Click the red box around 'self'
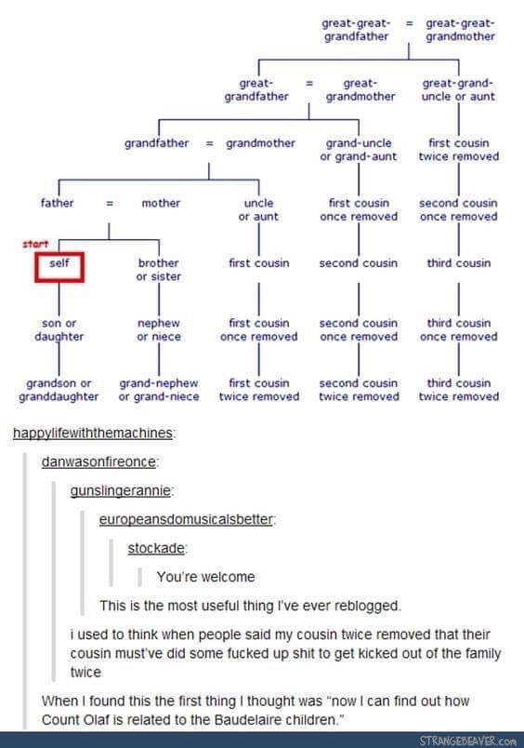[35, 267]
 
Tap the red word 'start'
[35, 244]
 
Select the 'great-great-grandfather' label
[356, 30]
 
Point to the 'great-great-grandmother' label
[460, 30]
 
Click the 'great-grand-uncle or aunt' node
[458, 89]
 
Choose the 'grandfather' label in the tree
[157, 143]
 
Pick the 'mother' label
[161, 203]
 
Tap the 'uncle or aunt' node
[258, 210]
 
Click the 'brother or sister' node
[159, 270]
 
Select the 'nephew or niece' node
[159, 329]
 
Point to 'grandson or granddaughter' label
[59, 390]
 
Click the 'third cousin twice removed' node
[459, 390]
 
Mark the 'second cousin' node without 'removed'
[359, 263]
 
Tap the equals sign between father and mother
[110, 203]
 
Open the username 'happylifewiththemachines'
[92, 434]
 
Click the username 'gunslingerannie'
[120, 491]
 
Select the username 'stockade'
[156, 548]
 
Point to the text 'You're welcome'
[205, 577]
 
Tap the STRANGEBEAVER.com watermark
[467, 741]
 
